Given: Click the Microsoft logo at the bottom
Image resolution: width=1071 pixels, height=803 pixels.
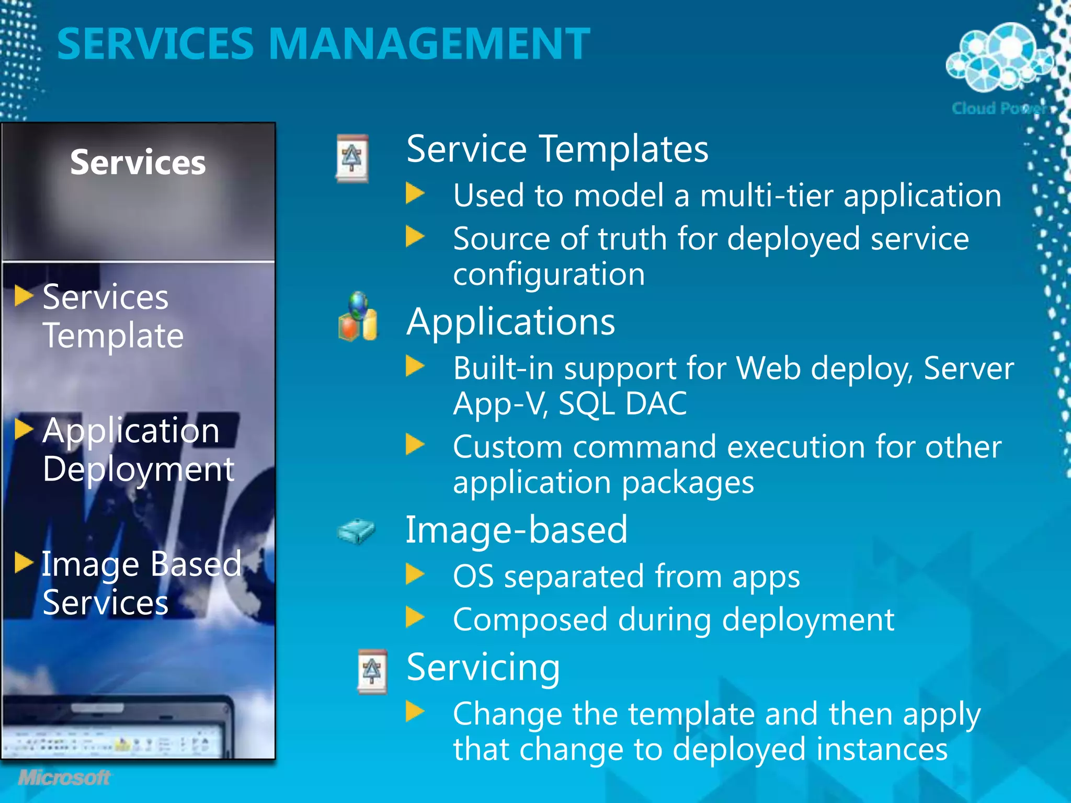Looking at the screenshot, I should coord(64,777).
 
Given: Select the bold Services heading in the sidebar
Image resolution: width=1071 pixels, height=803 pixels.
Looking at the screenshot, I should coord(138,162).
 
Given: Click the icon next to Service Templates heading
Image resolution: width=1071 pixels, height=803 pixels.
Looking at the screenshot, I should coord(352,158).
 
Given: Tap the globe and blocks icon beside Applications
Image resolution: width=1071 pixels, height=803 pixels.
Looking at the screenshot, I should coord(358,317).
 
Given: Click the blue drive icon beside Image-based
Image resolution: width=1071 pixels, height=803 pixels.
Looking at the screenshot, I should coord(357,531).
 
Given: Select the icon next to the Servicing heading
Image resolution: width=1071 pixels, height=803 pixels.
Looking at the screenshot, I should coord(372,672).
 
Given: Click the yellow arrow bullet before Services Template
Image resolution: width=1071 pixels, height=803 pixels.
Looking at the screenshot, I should coord(24,296).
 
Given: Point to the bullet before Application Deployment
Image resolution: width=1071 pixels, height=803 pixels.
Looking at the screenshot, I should coord(24,429).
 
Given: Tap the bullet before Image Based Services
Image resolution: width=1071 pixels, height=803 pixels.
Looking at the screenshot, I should coord(24,563).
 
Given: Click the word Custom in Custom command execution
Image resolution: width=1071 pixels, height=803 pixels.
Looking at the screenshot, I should coord(507,448).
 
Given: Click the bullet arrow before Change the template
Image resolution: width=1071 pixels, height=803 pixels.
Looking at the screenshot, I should coord(415,712).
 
